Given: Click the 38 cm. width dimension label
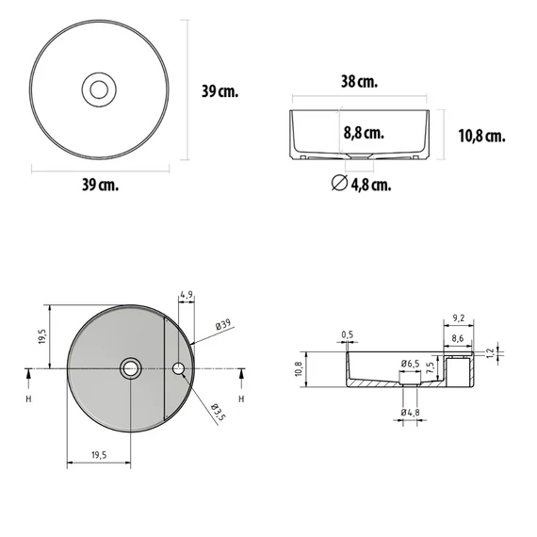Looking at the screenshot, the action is tap(359, 82).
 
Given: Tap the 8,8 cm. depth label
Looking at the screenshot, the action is tap(364, 133).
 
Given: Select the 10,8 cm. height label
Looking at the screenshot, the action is tap(481, 136).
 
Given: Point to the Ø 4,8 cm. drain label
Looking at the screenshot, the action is tap(362, 185).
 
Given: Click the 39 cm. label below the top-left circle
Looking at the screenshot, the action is tap(101, 185).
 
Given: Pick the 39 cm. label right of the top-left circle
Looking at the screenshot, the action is tap(220, 91).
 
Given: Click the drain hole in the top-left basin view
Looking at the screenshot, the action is tap(99, 89).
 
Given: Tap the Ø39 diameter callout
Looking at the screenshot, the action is tap(223, 324).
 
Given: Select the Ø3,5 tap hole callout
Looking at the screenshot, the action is tap(219, 412).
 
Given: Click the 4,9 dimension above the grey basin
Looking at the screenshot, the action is tap(187, 295).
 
